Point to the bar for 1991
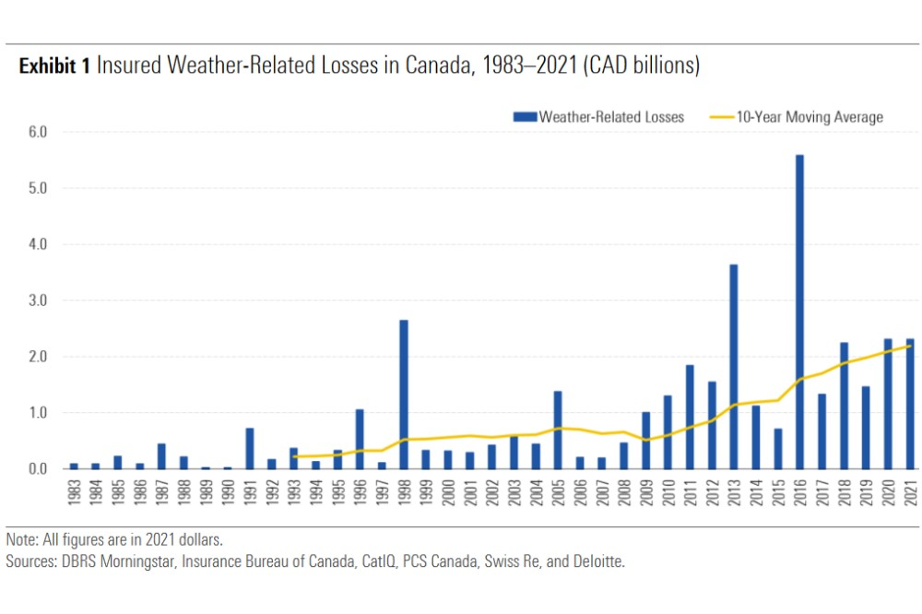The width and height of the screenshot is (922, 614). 250,448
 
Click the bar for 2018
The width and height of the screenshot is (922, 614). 844,406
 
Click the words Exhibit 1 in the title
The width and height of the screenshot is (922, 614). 54,65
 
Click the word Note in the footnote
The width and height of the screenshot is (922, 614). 20,538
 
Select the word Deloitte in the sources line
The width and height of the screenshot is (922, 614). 598,560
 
